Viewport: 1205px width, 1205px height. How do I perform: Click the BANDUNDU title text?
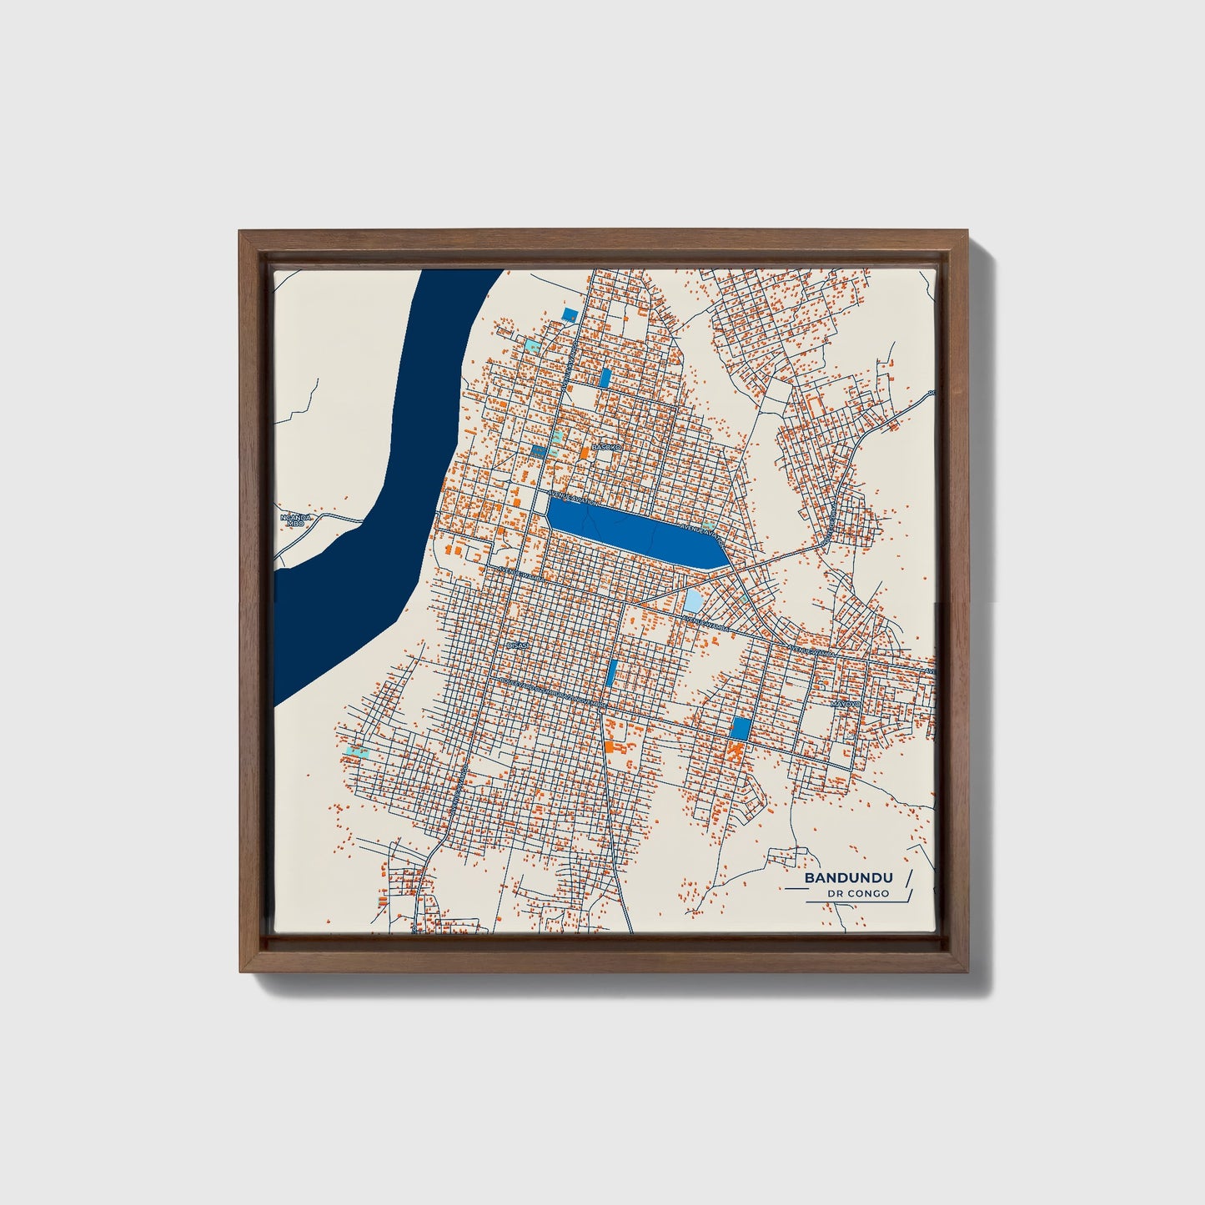pos(848,878)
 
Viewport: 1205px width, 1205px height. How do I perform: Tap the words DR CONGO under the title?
pos(858,894)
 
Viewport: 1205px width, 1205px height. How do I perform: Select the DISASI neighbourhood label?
pos(518,645)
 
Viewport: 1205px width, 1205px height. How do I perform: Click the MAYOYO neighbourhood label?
pos(844,704)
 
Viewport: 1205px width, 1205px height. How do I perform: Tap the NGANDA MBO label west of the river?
pos(295,520)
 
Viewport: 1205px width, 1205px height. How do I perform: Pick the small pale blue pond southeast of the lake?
pos(694,600)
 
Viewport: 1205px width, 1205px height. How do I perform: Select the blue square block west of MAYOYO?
pos(740,728)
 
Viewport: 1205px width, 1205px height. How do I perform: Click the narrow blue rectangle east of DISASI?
pos(612,672)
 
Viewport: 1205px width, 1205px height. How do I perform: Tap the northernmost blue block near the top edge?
pos(570,314)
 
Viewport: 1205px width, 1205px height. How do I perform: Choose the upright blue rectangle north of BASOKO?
pos(605,378)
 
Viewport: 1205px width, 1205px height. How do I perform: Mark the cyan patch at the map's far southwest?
pos(357,751)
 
